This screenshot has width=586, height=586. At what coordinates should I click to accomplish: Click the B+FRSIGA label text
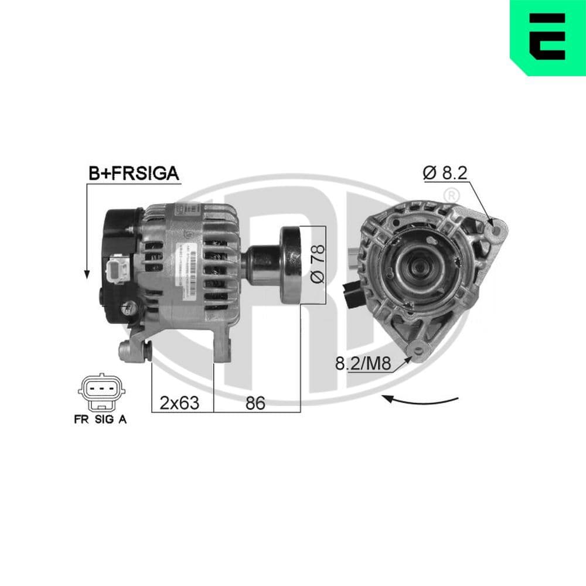(133, 173)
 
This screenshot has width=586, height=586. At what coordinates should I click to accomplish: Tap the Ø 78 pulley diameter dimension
(317, 264)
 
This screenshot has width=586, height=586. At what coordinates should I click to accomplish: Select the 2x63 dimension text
(179, 403)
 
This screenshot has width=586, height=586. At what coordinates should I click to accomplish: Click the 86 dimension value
(255, 403)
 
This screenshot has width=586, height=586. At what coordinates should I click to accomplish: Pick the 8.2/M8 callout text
(362, 364)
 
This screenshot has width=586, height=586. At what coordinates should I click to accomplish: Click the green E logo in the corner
(548, 37)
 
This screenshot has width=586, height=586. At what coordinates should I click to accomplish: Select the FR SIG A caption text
(100, 419)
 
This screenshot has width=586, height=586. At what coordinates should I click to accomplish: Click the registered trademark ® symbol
(451, 195)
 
